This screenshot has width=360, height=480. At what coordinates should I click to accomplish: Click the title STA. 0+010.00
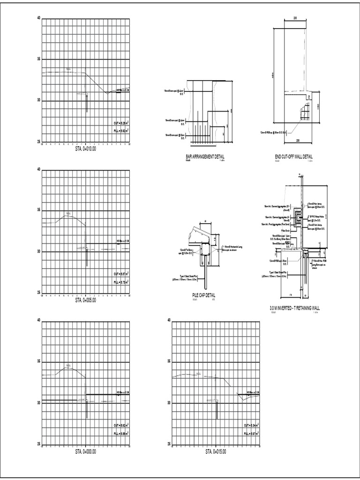point(85,149)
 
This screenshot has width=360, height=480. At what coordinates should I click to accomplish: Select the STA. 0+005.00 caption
point(85,300)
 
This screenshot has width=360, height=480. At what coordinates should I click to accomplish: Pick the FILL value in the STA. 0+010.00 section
point(121,131)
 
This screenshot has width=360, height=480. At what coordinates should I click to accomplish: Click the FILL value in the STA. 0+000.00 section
point(121,434)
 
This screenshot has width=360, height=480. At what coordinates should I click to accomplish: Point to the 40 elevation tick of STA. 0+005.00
point(39,169)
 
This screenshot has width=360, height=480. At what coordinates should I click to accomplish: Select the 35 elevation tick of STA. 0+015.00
point(169,361)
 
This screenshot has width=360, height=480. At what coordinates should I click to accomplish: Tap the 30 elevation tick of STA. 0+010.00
point(39,100)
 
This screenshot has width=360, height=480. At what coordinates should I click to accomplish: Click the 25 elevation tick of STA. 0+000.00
point(39,444)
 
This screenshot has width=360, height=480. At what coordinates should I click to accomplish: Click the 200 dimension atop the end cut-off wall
point(295,18)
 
